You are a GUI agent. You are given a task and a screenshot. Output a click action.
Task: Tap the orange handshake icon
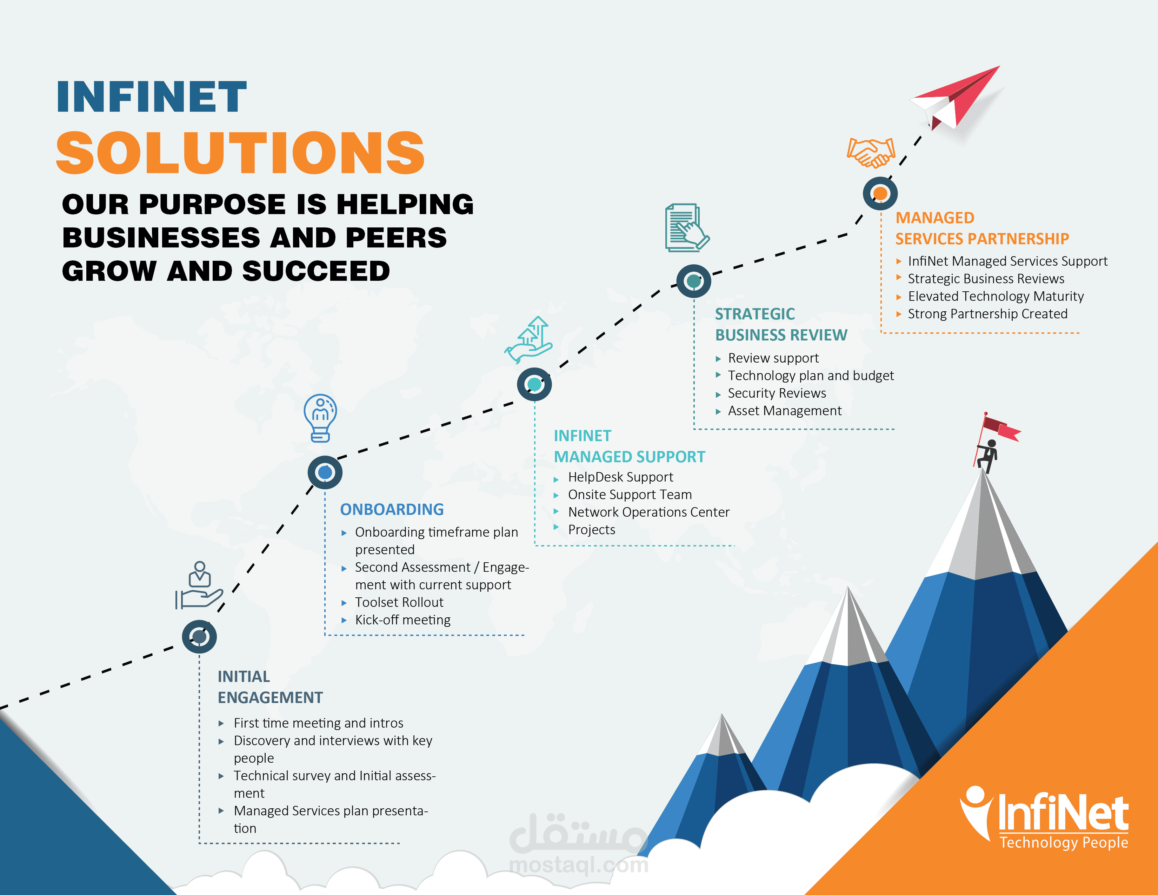(871, 152)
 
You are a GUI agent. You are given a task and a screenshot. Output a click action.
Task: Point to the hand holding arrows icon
(529, 340)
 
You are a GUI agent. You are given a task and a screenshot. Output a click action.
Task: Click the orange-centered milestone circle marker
(880, 193)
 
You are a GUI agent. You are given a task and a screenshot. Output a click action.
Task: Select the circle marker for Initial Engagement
(199, 636)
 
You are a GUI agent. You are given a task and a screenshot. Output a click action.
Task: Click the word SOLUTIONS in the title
(240, 153)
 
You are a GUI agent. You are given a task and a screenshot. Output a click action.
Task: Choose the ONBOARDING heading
(392, 510)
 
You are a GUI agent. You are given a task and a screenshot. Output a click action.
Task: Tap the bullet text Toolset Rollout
(399, 602)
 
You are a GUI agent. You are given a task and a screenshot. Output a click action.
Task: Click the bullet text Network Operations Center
(648, 512)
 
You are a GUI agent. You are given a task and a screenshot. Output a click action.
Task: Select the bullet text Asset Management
(784, 411)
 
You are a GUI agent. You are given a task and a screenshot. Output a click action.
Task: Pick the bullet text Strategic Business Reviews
(986, 279)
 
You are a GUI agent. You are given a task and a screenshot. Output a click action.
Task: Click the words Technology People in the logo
(1064, 842)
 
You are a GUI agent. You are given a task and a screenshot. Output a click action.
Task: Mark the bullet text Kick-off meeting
(402, 620)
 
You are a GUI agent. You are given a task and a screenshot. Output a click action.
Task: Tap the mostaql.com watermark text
(578, 865)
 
